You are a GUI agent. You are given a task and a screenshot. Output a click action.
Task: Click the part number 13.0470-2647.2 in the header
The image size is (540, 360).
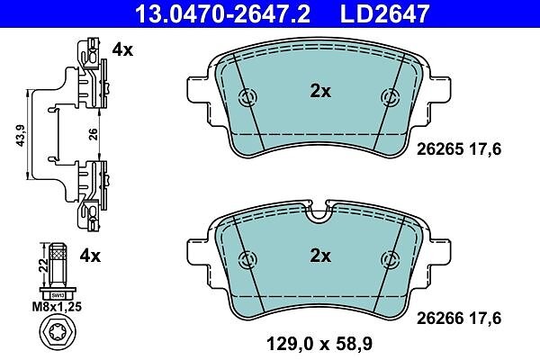223,13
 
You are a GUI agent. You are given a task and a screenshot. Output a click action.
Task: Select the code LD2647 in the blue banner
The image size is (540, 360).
384,13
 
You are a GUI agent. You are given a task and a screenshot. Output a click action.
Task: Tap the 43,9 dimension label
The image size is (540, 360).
21,135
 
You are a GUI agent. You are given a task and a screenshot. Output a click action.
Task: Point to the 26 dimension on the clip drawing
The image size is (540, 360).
93,134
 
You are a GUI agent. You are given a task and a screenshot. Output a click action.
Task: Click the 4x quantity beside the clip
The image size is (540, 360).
122,50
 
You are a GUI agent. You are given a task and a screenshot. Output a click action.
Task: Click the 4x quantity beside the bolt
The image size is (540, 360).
90,256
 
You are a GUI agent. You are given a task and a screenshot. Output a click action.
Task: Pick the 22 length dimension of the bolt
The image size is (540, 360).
43,265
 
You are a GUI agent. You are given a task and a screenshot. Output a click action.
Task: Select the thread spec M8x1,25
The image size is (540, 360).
57,307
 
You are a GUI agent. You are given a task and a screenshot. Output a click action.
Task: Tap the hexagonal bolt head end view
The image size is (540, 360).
58,334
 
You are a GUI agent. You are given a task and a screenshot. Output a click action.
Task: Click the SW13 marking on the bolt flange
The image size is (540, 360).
58,295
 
